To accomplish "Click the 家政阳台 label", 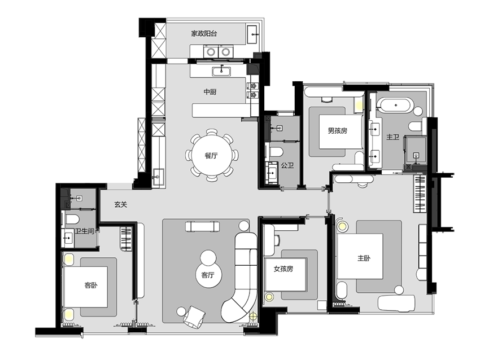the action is click(x=204, y=33).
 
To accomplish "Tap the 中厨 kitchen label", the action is click(x=210, y=92).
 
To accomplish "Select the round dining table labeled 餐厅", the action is click(x=212, y=155).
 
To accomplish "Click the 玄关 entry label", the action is click(x=121, y=205).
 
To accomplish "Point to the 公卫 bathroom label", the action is click(x=287, y=165).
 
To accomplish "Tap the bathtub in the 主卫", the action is click(x=396, y=105).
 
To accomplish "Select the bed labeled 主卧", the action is click(x=360, y=256).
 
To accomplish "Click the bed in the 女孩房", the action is click(x=285, y=274).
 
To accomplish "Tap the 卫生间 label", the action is click(x=84, y=231).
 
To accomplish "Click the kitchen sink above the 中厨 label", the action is click(x=221, y=71).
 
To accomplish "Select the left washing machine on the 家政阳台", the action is click(x=210, y=52).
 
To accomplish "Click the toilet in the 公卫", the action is click(x=277, y=152).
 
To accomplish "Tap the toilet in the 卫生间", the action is click(x=72, y=219).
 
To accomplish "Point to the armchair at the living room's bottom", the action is click(x=194, y=316).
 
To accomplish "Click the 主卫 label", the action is click(x=392, y=137).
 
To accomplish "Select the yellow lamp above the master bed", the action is click(x=342, y=227).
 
